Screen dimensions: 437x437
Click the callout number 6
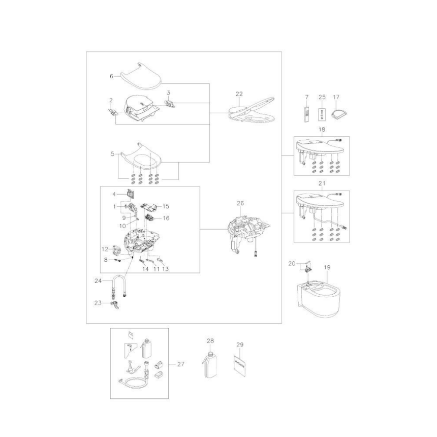tap(111, 76)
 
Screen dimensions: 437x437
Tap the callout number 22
tap(239, 94)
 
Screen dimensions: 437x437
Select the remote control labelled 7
tap(306, 114)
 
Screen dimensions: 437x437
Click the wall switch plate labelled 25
tap(322, 114)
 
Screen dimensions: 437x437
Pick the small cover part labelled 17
tap(338, 114)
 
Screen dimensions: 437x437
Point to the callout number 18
tap(322, 129)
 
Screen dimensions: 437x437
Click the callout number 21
tap(322, 183)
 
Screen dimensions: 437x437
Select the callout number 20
tap(292, 264)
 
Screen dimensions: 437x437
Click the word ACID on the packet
tap(240, 363)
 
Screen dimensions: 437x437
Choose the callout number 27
tap(181, 364)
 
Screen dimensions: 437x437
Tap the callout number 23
tap(98, 303)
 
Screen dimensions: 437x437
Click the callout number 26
tap(240, 203)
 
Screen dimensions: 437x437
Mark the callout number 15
tap(166, 206)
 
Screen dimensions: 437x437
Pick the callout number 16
tap(166, 218)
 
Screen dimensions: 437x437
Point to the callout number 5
tap(113, 154)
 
